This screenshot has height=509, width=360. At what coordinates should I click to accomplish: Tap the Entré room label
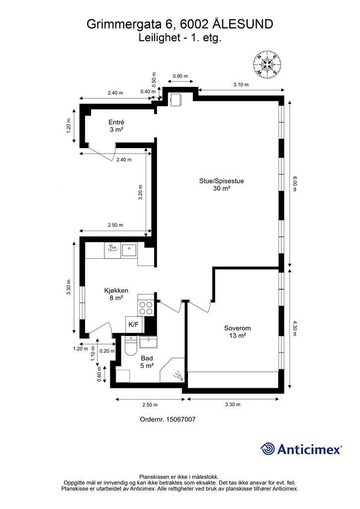pos(116,126)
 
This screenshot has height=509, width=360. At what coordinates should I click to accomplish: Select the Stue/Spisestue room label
pos(221,184)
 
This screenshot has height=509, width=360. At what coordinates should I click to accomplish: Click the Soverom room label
pos(237,332)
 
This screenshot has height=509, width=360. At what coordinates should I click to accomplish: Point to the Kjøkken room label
pos(116,294)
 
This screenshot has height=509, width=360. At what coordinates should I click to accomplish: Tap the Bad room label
pos(147,362)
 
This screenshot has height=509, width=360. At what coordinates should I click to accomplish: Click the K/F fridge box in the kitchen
pos(134,325)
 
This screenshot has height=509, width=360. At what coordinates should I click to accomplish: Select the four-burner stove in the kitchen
pos(146,308)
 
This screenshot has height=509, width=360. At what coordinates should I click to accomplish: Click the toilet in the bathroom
pos(130,346)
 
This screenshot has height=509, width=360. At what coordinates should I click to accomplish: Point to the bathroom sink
pos(148,342)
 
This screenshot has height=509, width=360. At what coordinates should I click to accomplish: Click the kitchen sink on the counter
pos(129,251)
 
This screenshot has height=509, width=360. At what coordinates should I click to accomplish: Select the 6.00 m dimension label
pos(294,184)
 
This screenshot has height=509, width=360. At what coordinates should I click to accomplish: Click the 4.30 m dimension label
pos(294,328)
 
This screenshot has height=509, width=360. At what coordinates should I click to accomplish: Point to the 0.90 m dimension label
pos(180,76)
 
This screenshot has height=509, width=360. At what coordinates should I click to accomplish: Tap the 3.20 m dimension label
pos(141,192)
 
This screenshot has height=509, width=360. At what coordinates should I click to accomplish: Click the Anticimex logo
pos(301,449)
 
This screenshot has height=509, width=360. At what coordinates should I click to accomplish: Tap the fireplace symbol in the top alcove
pos(176,99)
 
